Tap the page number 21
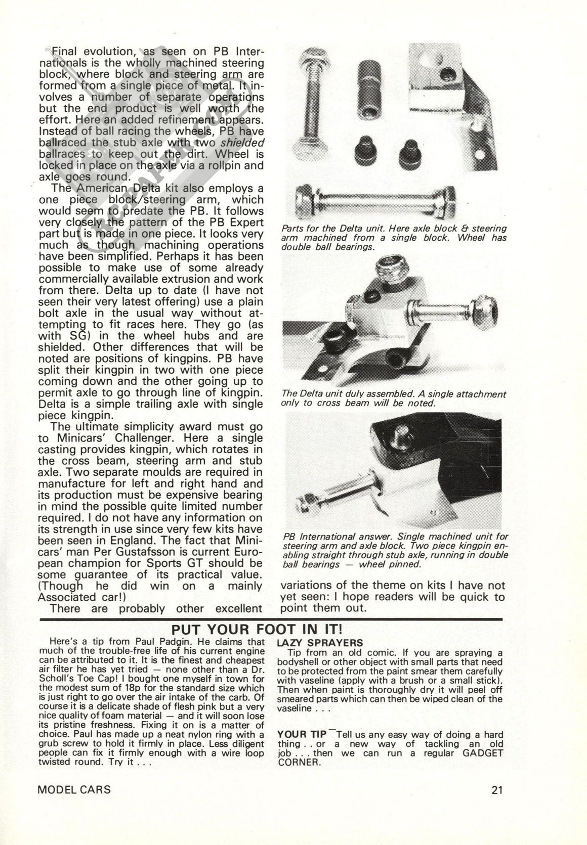(497, 789)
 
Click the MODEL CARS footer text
(74, 789)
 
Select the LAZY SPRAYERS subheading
(320, 643)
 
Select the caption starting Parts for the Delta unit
(394, 238)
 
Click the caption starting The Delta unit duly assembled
(393, 398)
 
